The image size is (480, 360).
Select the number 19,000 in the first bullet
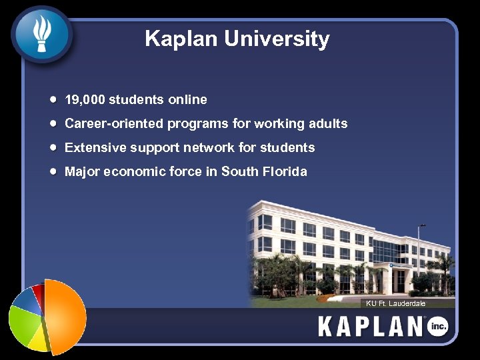coord(85,100)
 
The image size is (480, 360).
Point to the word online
coord(187,100)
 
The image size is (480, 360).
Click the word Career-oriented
coord(114,124)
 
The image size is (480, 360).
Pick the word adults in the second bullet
coord(328,124)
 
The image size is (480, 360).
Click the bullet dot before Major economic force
coord(53,171)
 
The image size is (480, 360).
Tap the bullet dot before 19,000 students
coord(53,99)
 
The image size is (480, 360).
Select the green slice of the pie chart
coord(23,322)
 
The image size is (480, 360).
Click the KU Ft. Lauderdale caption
coord(396,303)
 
